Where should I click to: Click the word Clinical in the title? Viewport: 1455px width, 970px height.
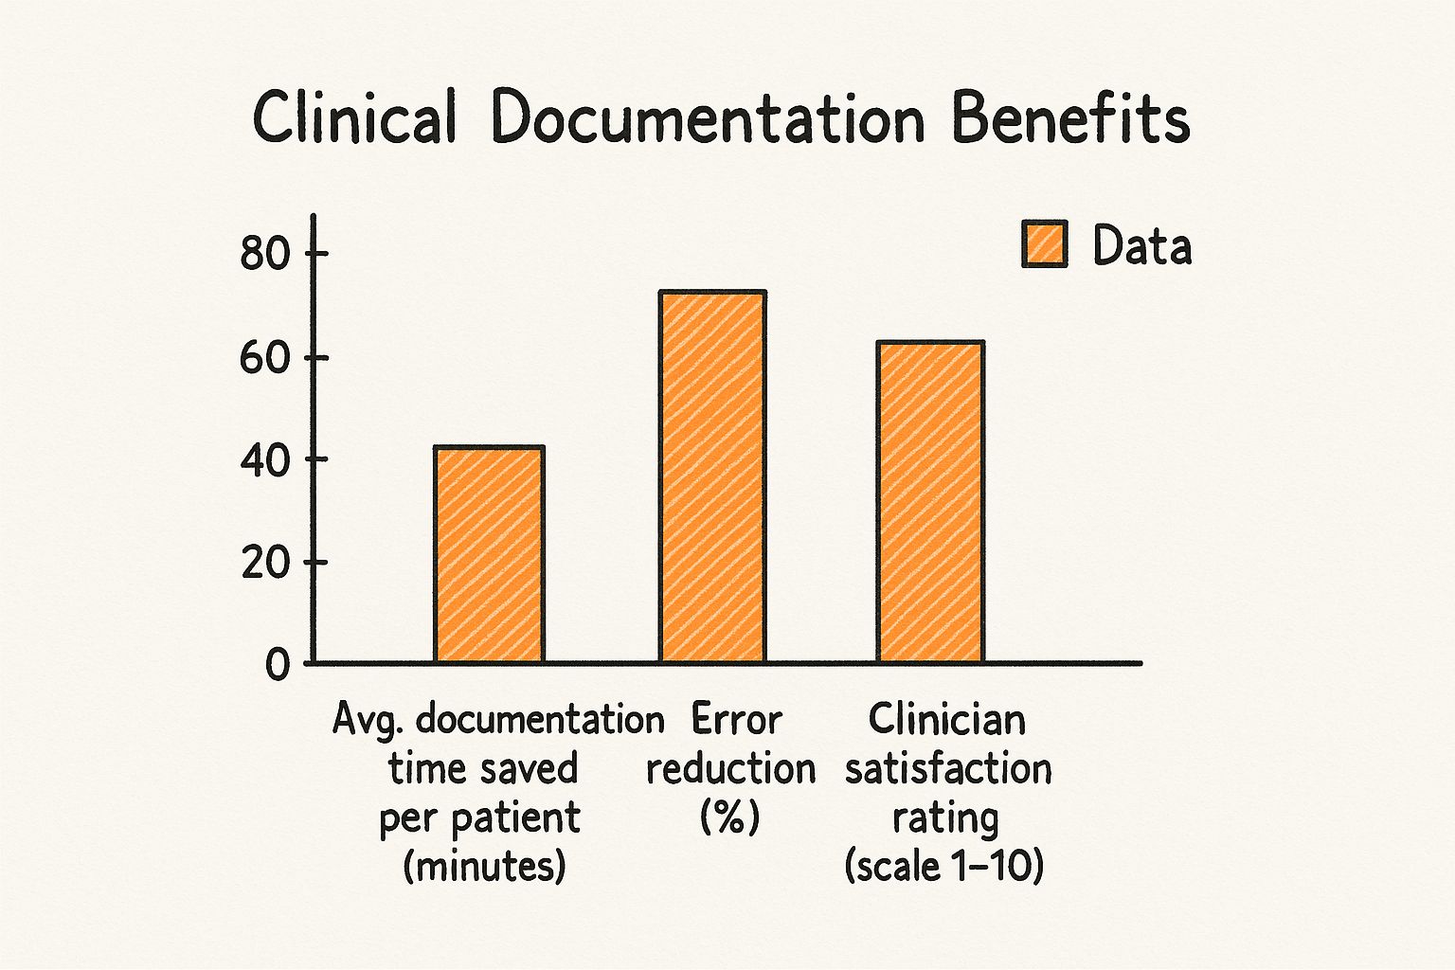(x=354, y=119)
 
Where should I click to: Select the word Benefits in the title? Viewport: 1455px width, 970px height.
(x=1070, y=119)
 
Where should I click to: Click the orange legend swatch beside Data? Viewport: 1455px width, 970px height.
(x=1045, y=244)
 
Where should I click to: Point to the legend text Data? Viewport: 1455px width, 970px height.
(x=1141, y=245)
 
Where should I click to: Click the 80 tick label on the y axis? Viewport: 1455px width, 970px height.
(x=263, y=254)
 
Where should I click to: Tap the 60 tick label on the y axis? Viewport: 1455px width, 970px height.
(x=263, y=358)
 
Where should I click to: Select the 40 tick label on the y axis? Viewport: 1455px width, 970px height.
(x=263, y=460)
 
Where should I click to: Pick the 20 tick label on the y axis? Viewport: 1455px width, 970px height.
(x=263, y=564)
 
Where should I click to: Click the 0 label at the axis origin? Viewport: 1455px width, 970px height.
(x=278, y=665)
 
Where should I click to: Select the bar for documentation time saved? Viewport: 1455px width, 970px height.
(x=489, y=554)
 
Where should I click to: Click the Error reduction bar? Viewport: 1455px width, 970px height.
(x=712, y=476)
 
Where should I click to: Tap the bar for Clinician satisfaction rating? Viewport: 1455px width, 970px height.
(x=930, y=502)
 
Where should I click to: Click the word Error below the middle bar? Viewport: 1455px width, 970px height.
(x=736, y=720)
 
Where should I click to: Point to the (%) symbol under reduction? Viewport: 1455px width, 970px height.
(x=729, y=817)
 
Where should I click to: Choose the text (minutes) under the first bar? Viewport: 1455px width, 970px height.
(x=484, y=866)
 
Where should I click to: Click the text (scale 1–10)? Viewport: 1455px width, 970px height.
(x=944, y=866)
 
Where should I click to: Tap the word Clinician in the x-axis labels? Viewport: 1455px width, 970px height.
(x=946, y=720)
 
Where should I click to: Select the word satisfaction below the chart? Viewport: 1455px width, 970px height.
(x=948, y=768)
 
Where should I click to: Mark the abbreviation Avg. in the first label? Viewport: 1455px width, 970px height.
(x=370, y=721)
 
